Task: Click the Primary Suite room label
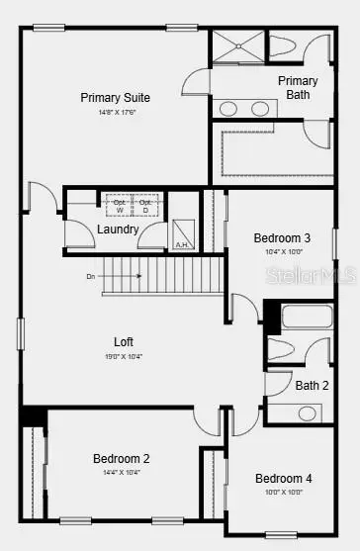pyautogui.click(x=115, y=97)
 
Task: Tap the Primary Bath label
pyautogui.click(x=298, y=88)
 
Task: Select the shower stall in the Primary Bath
pyautogui.click(x=237, y=48)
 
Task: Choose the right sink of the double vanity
pyautogui.click(x=260, y=108)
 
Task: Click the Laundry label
pyautogui.click(x=118, y=230)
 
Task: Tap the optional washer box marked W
pyautogui.click(x=120, y=205)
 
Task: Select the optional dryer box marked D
pyautogui.click(x=145, y=205)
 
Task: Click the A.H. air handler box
pyautogui.click(x=182, y=233)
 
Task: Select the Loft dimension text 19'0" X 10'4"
pyautogui.click(x=123, y=357)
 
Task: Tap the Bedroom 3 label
pyautogui.click(x=282, y=237)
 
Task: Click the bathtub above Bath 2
pyautogui.click(x=308, y=317)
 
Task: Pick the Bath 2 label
pyautogui.click(x=312, y=385)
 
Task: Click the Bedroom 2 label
pyautogui.click(x=122, y=458)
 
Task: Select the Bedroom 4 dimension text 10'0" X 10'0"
pyautogui.click(x=283, y=492)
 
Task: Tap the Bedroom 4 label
pyautogui.click(x=283, y=478)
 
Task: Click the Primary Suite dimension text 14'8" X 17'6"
pyautogui.click(x=115, y=112)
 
